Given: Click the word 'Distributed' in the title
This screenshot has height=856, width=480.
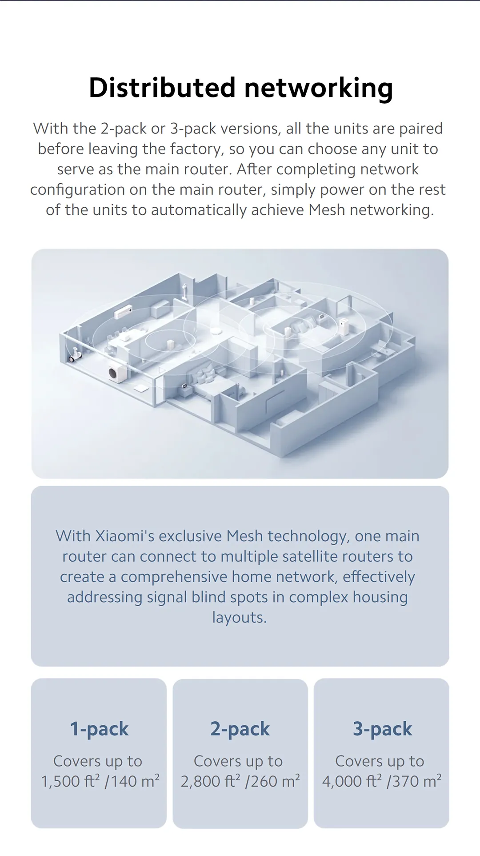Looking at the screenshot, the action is (162, 88).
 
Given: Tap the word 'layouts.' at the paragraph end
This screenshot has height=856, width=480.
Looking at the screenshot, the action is (240, 618).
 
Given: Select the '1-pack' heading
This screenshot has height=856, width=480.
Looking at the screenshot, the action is (99, 729).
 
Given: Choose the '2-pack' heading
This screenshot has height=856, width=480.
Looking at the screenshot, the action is (240, 729).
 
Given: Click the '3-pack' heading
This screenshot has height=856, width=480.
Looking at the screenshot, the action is (382, 729).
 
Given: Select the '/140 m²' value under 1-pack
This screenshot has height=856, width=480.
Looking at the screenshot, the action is (132, 781).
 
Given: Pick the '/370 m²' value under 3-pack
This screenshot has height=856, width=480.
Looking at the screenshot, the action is (414, 781).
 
